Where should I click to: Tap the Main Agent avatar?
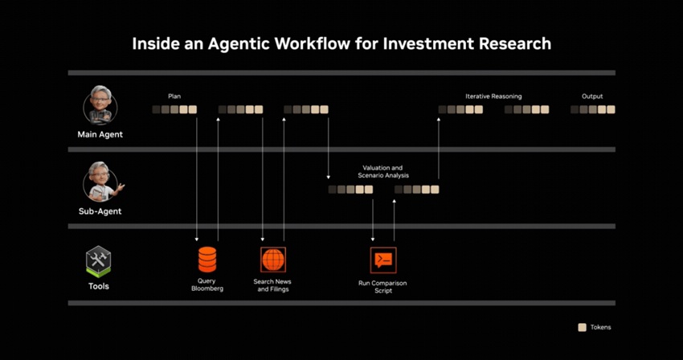(x=100, y=105)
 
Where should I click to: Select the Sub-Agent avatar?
(x=102, y=182)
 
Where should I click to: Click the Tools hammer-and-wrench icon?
(x=99, y=261)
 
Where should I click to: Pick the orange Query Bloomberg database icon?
(x=207, y=260)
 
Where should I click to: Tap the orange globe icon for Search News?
(x=273, y=260)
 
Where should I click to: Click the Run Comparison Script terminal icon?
(x=383, y=260)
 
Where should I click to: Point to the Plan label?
(x=174, y=96)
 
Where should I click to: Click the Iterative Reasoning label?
(x=493, y=96)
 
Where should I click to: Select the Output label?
(x=592, y=96)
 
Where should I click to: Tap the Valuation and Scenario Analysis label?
(x=383, y=171)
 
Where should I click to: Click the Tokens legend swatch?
(x=582, y=327)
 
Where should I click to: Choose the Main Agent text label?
(x=100, y=135)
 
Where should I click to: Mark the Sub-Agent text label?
(x=100, y=211)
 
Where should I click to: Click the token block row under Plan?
(x=174, y=109)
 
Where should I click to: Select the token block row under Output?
(x=593, y=109)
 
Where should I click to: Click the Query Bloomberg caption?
(x=207, y=284)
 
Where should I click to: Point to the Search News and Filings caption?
(x=272, y=285)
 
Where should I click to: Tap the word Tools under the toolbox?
(x=99, y=286)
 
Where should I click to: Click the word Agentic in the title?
(x=239, y=44)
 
